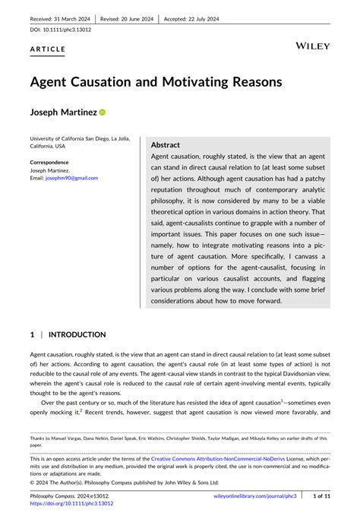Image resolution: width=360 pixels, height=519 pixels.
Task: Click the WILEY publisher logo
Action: [312, 46]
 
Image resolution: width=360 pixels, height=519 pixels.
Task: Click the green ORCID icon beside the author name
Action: [103, 112]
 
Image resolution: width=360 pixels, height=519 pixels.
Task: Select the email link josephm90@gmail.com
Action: [73, 178]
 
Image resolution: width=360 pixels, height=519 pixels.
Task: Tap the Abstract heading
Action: [166, 144]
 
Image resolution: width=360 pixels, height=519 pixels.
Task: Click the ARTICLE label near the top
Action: [48, 49]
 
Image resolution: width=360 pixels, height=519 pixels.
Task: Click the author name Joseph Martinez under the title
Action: [63, 112]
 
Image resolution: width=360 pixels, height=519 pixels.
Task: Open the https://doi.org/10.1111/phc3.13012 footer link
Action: [71, 503]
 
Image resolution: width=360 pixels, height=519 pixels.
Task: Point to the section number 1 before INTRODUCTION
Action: [33, 334]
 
